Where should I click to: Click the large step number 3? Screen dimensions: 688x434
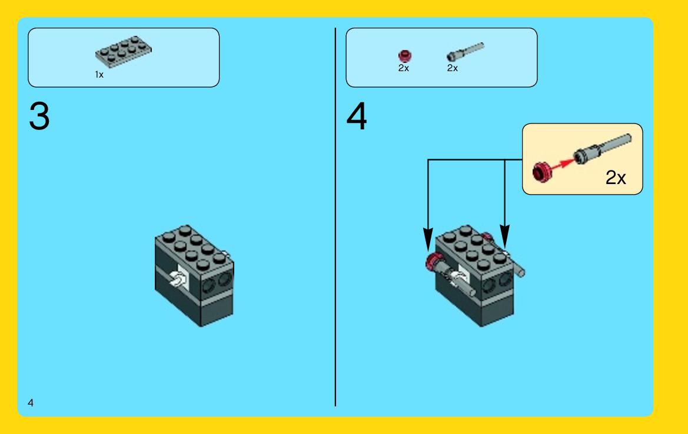(39, 116)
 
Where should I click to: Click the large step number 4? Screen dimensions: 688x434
(357, 116)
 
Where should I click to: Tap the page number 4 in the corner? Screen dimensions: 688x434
(30, 402)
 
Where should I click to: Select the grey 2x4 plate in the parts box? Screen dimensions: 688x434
(123, 52)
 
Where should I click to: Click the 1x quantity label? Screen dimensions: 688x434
(99, 75)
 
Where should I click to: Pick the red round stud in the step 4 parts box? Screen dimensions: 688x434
(404, 56)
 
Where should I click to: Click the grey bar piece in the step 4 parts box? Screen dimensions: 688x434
(465, 52)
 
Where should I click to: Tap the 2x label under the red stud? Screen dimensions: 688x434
(404, 68)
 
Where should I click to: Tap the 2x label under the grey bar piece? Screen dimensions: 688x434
(453, 68)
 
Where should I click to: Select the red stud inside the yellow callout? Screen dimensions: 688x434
(542, 172)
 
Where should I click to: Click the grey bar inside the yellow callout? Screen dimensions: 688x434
(603, 149)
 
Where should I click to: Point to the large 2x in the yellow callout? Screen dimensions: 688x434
(616, 178)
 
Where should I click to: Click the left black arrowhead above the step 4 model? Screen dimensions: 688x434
(428, 239)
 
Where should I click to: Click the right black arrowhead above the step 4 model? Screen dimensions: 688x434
(505, 237)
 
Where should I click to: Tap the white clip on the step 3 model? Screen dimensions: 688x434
(178, 279)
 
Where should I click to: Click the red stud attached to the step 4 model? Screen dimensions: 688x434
(434, 262)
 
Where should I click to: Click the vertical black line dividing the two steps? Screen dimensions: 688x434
(335, 217)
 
